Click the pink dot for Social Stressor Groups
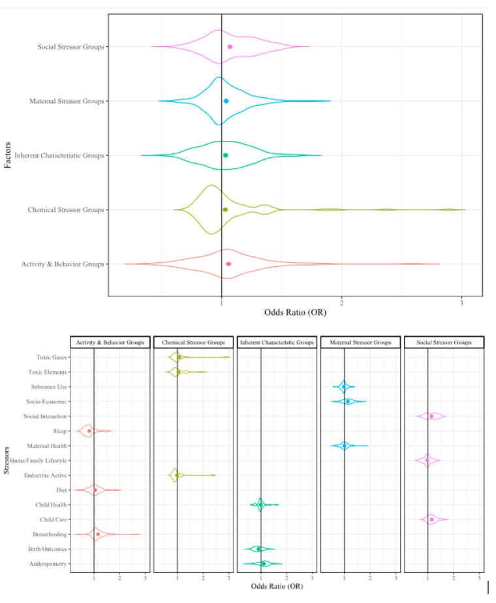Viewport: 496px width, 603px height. [x=230, y=47]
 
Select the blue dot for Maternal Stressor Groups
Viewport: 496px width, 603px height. [x=226, y=101]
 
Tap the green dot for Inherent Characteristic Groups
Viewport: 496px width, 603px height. [x=225, y=155]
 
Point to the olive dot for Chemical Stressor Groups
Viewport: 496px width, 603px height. [x=225, y=209]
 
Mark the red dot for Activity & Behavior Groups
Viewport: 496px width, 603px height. [x=228, y=264]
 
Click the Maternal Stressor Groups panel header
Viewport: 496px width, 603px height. [x=361, y=342]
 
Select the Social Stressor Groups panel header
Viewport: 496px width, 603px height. [x=444, y=342]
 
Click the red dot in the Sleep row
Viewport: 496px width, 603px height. [x=89, y=431]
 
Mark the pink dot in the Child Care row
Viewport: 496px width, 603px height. [x=432, y=519]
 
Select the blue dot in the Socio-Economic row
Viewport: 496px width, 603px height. [x=348, y=401]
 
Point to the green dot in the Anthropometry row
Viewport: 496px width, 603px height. [x=263, y=563]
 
